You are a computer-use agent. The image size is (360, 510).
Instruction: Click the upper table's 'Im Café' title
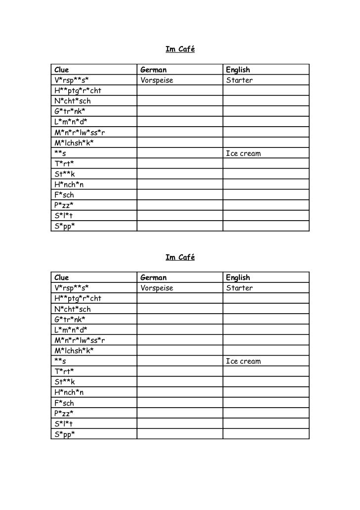tap(180, 49)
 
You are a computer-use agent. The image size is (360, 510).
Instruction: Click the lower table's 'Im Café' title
tap(180, 258)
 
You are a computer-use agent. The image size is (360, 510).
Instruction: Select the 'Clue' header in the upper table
tap(62, 70)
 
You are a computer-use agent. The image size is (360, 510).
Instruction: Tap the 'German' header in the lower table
tap(154, 278)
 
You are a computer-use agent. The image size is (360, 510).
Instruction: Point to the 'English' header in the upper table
tap(238, 70)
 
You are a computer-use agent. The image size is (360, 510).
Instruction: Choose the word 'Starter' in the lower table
tap(239, 288)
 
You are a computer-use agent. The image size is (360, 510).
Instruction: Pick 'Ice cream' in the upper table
tap(243, 153)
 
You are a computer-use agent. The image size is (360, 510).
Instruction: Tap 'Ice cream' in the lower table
tap(243, 362)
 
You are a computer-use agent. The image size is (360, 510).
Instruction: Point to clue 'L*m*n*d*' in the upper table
tap(71, 122)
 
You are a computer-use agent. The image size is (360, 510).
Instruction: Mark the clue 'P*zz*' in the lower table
tap(64, 414)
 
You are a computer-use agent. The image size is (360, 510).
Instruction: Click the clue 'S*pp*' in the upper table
tap(64, 226)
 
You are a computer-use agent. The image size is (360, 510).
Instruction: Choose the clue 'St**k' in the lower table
tap(65, 382)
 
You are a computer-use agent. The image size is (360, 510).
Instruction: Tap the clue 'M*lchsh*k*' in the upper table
tap(74, 143)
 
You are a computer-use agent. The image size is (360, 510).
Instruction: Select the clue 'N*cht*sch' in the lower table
tap(72, 309)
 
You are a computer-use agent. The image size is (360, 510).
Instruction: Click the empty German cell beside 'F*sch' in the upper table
tap(179, 195)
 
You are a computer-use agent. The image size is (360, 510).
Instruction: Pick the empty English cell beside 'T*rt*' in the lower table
tap(266, 372)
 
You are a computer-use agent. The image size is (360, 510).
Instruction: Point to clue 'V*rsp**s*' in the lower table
tap(72, 288)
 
